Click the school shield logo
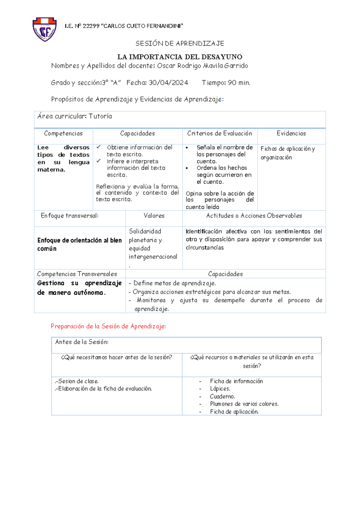click(44, 29)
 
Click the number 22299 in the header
click(91, 26)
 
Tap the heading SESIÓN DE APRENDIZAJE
click(180, 44)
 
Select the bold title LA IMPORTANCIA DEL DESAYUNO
click(180, 57)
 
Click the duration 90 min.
click(239, 83)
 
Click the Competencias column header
click(63, 134)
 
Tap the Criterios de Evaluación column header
click(220, 134)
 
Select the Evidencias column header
click(291, 134)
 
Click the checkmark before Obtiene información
click(99, 147)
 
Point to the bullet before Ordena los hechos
click(187, 168)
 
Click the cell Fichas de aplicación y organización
click(287, 153)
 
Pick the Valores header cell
click(154, 216)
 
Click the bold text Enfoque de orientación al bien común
click(79, 244)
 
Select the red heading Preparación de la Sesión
click(108, 326)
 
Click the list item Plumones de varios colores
click(244, 404)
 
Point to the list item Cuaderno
click(222, 396)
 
